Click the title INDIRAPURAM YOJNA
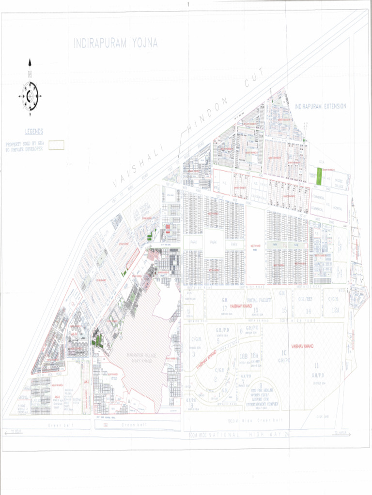tap(116, 44)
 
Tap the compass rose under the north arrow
tap(30, 96)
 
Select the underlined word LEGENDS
tap(34, 131)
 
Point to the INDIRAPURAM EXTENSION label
tap(320, 106)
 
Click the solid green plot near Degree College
tap(319, 177)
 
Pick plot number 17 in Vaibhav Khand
tap(224, 308)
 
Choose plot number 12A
tap(335, 310)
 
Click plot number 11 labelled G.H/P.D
tap(317, 366)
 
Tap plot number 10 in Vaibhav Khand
tap(284, 353)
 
